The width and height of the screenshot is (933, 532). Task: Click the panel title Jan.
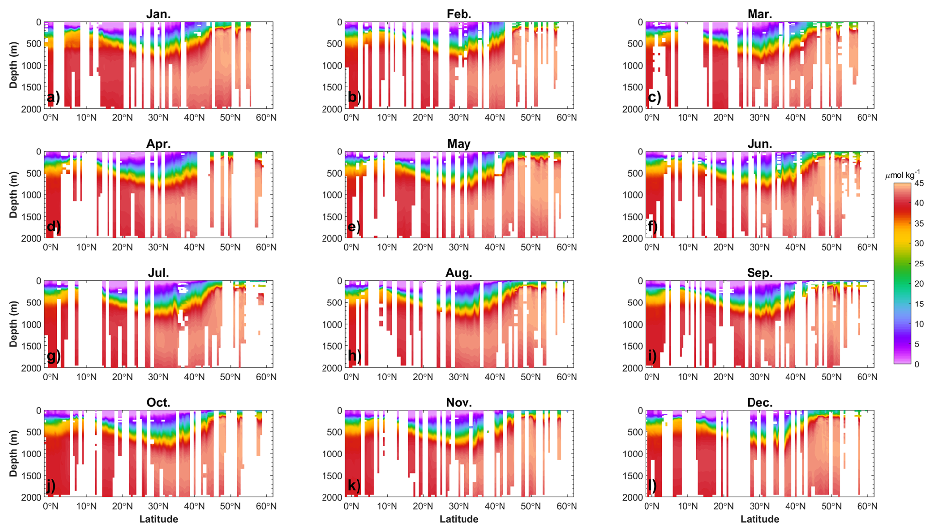coord(158,14)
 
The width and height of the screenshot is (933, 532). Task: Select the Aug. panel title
coord(459,273)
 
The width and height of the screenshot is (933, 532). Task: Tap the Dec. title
coord(759,402)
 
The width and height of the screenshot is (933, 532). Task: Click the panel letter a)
coord(53,97)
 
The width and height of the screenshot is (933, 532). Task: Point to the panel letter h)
coord(355,355)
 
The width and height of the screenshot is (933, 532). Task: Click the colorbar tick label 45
coord(919,183)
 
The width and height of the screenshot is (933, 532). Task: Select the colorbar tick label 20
coord(919,284)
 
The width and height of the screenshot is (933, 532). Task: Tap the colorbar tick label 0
coord(917,364)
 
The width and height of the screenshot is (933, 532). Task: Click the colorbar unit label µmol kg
coord(902,175)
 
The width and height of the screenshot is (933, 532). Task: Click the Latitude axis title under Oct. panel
coord(158,519)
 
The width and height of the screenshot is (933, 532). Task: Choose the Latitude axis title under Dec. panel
coord(759,519)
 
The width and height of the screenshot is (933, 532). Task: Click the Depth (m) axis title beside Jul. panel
coord(13,324)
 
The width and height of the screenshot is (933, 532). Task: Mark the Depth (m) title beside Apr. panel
coord(13,194)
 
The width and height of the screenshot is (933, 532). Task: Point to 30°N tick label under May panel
coord(459,247)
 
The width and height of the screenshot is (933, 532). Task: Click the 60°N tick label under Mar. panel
coord(867,118)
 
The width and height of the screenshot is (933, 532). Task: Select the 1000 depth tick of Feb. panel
coord(332,66)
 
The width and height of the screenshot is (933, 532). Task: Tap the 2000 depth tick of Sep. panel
coord(633,368)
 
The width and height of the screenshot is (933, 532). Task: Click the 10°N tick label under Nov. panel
coord(387,506)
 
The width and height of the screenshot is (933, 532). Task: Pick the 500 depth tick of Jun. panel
coord(635,173)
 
